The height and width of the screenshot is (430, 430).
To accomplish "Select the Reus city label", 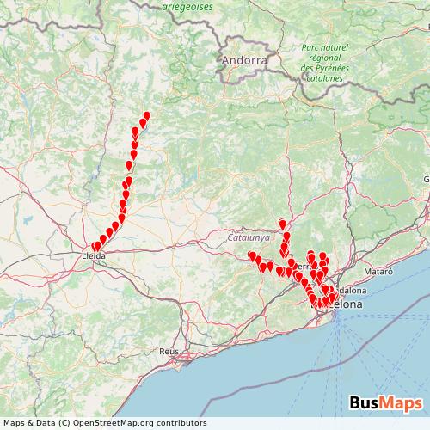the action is click(x=168, y=353).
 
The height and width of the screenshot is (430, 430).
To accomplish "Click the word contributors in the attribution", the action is click(x=181, y=423).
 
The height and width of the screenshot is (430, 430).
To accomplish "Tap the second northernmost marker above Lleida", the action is click(x=143, y=122).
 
